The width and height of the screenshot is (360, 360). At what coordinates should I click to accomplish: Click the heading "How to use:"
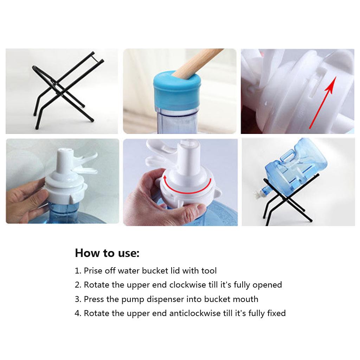coord(107,253)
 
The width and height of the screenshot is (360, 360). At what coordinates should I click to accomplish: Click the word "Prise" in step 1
coord(93,271)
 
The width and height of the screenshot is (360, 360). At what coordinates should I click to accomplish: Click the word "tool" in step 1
coord(209,271)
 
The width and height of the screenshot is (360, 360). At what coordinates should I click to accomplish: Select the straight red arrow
coord(322,103)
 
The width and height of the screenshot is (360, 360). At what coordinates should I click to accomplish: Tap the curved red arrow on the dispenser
coord(187,186)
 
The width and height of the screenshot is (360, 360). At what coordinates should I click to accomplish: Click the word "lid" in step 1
coord(175,271)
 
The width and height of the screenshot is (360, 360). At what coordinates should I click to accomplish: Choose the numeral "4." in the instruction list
coord(78,313)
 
